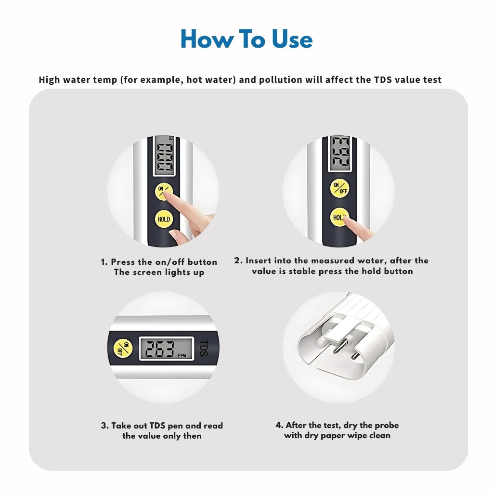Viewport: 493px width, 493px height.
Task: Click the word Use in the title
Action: [x=292, y=39]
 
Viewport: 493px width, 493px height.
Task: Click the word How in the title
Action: [x=207, y=39]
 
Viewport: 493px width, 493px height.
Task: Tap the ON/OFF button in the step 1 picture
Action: [x=164, y=191]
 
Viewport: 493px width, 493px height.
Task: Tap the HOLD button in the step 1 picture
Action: [x=164, y=219]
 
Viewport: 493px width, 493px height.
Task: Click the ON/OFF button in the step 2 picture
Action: [x=339, y=188]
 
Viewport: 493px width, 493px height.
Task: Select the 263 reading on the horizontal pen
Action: [x=160, y=349]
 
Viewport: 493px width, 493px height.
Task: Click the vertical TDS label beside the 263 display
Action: [x=204, y=348]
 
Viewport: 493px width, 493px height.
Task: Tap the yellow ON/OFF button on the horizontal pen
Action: [x=123, y=348]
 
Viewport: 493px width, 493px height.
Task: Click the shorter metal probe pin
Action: [x=355, y=356]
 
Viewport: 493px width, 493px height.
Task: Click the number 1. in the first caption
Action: [x=104, y=262]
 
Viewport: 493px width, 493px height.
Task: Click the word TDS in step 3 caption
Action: [x=157, y=426]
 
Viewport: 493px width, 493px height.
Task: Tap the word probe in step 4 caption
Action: [x=387, y=426]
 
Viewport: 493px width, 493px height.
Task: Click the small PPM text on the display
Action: [x=182, y=356]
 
